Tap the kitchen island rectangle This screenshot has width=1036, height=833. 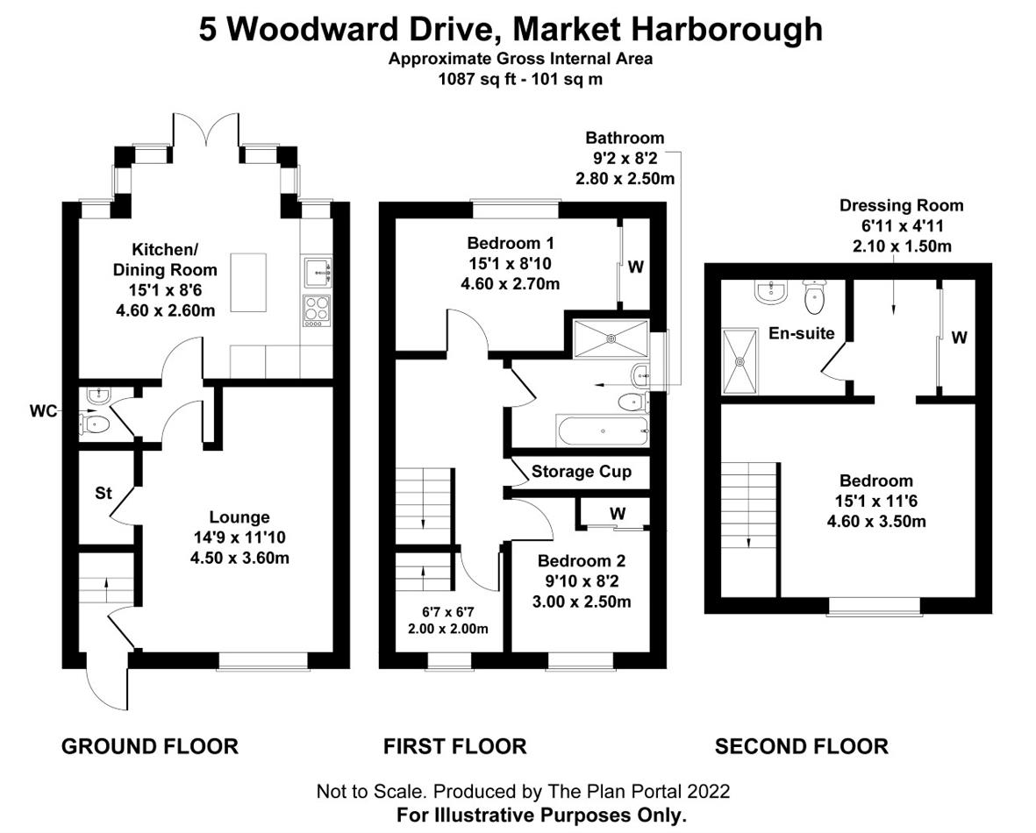click(248, 282)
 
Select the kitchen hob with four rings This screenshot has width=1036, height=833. click(318, 311)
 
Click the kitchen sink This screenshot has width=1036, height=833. click(318, 273)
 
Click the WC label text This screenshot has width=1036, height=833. click(44, 411)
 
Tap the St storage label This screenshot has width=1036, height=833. click(104, 493)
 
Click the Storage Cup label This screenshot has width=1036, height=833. click(582, 472)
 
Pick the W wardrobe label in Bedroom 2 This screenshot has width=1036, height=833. click(618, 513)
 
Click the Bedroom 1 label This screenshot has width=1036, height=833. click(511, 243)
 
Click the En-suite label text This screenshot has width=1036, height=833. click(802, 333)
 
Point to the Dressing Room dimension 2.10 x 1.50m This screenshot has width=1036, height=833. click(902, 246)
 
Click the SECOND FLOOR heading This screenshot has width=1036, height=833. click(802, 746)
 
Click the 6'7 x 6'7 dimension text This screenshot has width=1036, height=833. click(448, 612)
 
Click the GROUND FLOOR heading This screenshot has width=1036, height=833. click(150, 746)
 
